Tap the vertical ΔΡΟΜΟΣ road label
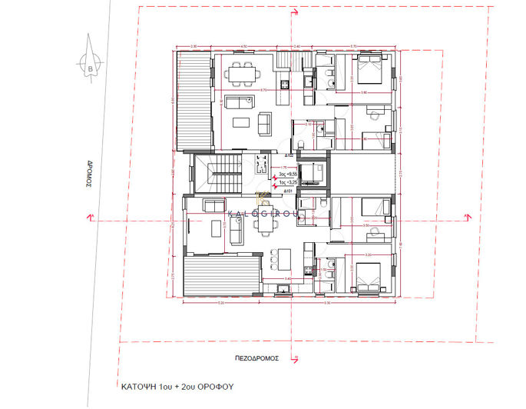click(89, 174)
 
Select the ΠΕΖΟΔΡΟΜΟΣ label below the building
click(256, 358)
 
